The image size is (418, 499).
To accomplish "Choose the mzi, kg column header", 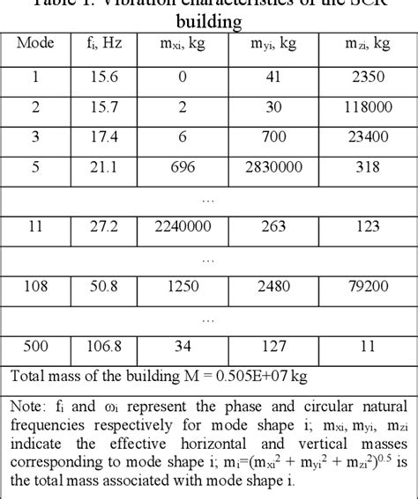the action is [x=371, y=42].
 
